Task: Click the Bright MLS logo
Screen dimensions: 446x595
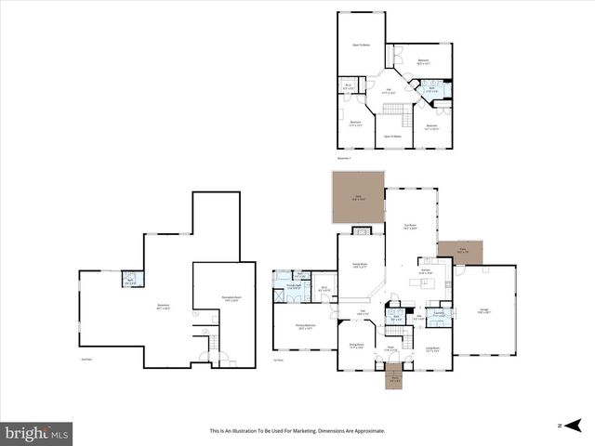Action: (x=36, y=432)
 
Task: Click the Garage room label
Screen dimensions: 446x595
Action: (x=483, y=312)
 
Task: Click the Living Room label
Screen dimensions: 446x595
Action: (x=430, y=350)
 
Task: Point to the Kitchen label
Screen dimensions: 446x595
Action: (x=424, y=271)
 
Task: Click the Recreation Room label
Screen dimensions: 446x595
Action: (x=229, y=299)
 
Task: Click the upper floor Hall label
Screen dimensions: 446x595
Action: (x=389, y=91)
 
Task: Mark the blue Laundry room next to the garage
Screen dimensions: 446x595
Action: (x=437, y=315)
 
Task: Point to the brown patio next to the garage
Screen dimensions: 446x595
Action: (x=461, y=252)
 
